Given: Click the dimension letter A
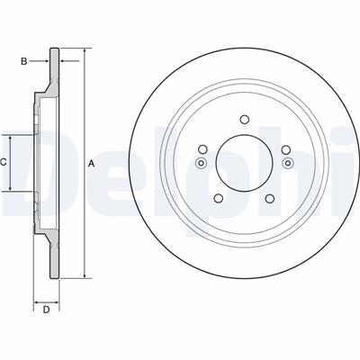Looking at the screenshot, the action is [92, 164].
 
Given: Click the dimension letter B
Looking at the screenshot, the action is [23, 61].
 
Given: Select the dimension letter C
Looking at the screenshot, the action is [3, 163].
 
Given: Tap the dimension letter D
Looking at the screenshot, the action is [46, 310].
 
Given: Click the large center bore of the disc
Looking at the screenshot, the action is [245, 163].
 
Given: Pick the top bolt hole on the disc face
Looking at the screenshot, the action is [245, 120].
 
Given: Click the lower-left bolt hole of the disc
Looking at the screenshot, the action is [219, 198].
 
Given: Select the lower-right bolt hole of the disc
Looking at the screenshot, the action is [270, 198].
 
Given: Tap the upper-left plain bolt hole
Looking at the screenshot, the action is [202, 149].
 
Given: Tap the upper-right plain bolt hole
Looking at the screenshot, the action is [286, 149].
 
